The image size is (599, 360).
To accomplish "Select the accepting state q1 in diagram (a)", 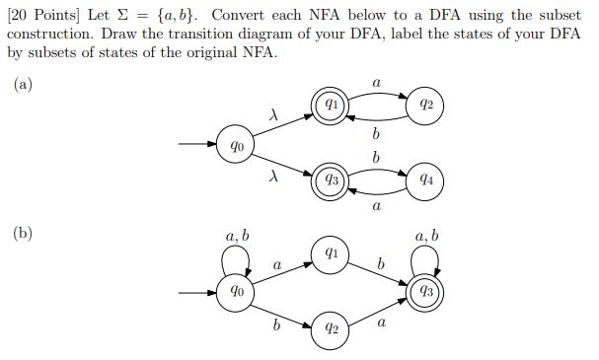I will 333,104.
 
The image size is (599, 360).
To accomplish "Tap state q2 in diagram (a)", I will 425,104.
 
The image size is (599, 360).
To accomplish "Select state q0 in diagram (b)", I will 237,292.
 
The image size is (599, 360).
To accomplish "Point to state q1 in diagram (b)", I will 333,253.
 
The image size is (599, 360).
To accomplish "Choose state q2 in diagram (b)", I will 333,328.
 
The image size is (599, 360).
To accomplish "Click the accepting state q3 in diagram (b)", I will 425,292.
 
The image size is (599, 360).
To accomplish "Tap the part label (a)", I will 23,85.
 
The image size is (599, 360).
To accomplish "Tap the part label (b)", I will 23,234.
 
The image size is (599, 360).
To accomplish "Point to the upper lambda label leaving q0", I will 273,116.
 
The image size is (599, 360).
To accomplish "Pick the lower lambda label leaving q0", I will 273,179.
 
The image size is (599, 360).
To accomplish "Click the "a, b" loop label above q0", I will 237,236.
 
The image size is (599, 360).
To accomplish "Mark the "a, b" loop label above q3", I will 426,236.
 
